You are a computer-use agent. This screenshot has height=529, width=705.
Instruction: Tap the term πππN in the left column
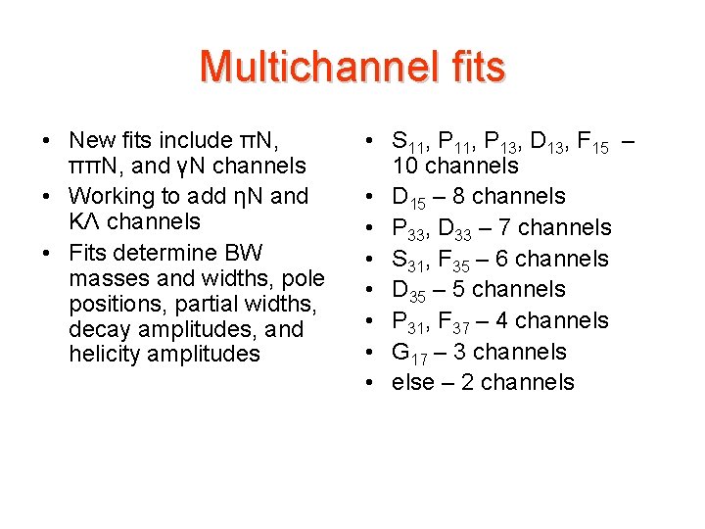tap(97, 166)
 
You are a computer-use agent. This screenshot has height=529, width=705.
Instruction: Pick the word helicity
tap(104, 354)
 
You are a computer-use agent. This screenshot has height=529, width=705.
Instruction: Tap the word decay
tap(97, 329)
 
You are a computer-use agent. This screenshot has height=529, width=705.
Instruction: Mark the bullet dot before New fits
tap(47, 140)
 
